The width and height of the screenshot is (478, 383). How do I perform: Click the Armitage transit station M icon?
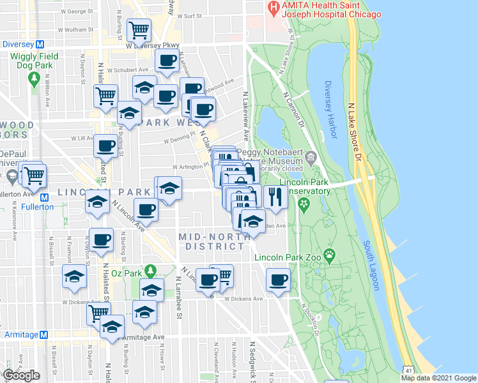point(44,334)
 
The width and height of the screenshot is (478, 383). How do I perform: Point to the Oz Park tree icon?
point(150,271)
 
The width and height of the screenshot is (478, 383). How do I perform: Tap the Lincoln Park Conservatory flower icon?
point(304,204)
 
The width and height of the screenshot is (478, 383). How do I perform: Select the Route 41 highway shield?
point(408,370)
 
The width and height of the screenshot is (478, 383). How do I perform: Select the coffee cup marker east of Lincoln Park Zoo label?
point(278,280)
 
